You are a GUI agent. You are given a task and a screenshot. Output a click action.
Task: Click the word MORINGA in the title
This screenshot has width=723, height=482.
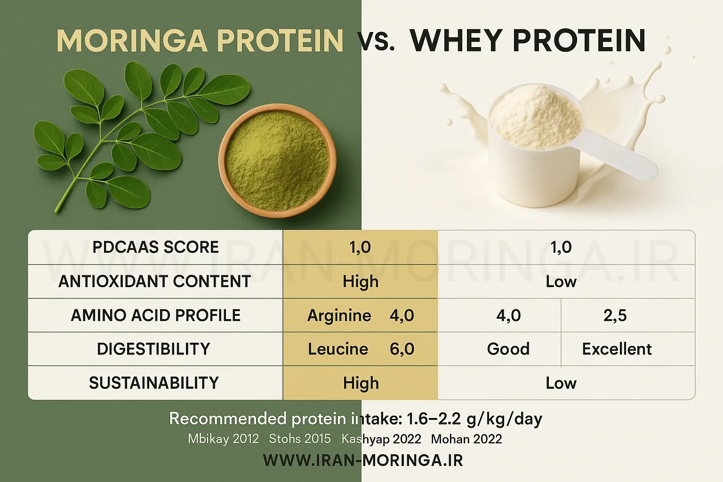[132, 40]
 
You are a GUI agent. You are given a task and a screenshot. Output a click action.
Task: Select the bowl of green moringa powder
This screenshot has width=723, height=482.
[277, 161]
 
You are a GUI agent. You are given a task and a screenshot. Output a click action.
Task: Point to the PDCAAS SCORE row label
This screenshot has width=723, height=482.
[156, 247]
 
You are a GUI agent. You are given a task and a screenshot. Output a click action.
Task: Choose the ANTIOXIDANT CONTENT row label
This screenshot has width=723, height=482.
[154, 281]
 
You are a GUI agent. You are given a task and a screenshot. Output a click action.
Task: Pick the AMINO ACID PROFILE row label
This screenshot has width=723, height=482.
[156, 315]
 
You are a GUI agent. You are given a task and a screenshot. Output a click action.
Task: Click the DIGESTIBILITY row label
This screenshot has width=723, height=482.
[153, 349]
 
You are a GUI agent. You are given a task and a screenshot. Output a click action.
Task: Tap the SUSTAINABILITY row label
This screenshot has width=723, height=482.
[154, 383]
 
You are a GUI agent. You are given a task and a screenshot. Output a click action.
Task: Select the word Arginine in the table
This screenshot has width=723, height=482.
[339, 315]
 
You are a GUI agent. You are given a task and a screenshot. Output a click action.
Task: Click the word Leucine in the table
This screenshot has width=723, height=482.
[338, 349]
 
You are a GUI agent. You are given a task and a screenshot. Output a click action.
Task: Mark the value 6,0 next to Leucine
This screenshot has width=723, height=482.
[402, 349]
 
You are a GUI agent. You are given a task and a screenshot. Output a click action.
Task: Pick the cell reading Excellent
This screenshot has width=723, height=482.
[617, 349]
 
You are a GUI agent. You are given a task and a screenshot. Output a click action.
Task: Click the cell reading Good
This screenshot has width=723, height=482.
[508, 349]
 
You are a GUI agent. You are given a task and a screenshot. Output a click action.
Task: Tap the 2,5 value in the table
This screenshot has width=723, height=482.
[615, 315]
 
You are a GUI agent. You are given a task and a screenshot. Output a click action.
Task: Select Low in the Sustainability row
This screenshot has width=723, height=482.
[561, 383]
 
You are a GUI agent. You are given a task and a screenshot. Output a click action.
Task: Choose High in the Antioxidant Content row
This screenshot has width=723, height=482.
[361, 281]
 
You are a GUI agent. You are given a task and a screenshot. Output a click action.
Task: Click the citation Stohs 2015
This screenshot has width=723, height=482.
[300, 439]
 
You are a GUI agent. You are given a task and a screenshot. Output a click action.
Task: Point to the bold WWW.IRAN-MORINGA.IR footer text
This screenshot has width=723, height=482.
[363, 460]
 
